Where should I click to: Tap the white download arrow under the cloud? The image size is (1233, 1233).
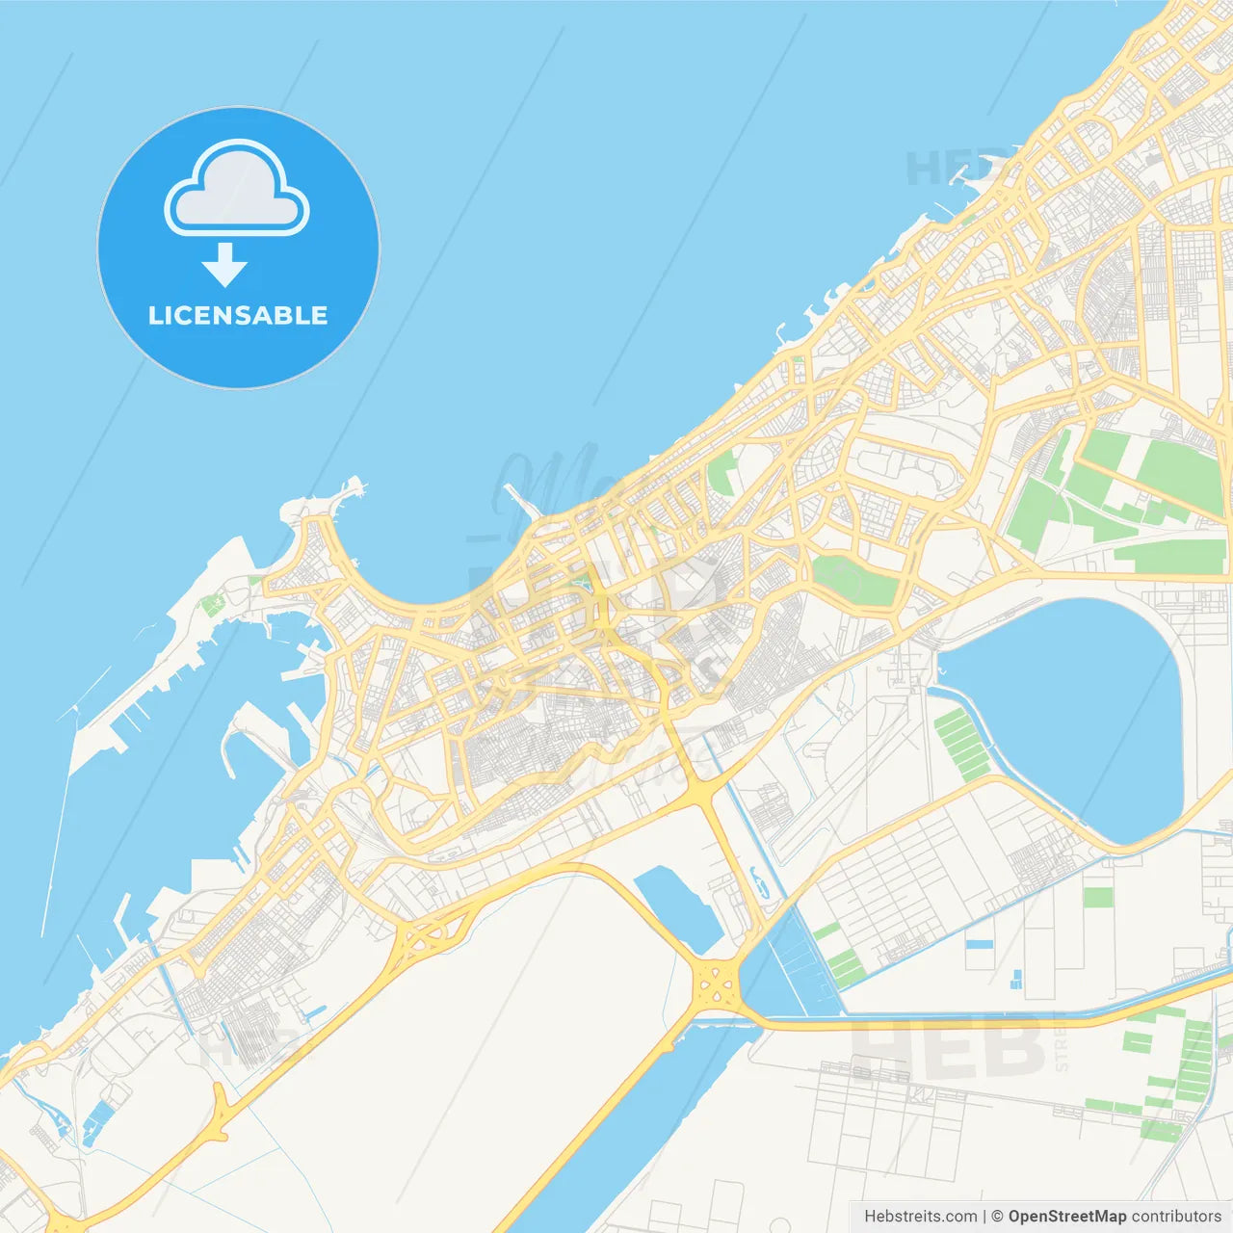tap(224, 265)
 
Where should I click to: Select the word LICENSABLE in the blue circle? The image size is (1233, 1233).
tap(238, 315)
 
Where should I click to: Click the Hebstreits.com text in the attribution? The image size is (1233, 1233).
tap(920, 1217)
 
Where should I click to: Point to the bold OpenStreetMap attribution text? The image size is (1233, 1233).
tap(1066, 1217)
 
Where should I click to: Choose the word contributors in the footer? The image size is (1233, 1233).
tap(1175, 1217)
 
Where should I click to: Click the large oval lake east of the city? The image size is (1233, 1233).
tap(1069, 713)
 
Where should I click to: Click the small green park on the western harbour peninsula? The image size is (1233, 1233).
tap(212, 604)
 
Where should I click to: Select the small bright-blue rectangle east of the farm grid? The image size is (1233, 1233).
tap(979, 944)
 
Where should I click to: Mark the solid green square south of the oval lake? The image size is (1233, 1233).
tap(1097, 897)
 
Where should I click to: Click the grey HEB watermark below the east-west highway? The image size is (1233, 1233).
tap(949, 1050)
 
